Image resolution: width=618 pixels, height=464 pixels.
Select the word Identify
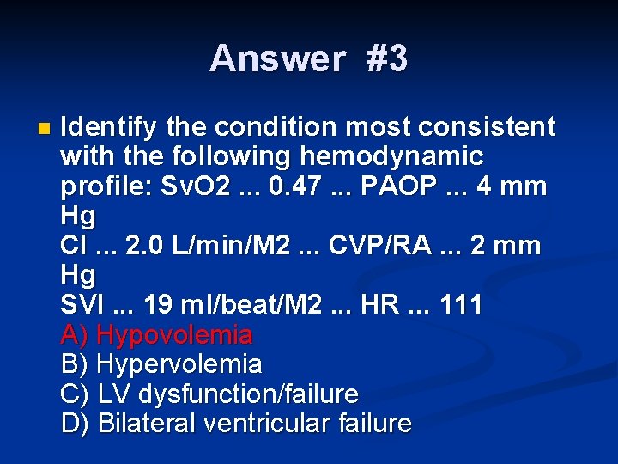(x=109, y=127)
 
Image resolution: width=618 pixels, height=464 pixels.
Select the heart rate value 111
(x=462, y=305)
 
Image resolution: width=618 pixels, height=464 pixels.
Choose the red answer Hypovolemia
(x=175, y=335)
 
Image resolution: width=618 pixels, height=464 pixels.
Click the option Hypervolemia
(x=180, y=364)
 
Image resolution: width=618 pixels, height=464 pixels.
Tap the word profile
(x=95, y=186)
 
